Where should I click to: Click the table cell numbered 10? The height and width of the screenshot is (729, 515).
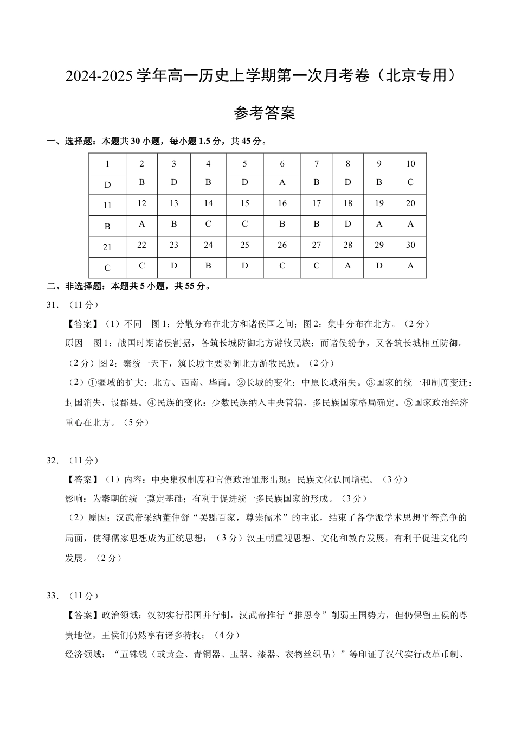410,163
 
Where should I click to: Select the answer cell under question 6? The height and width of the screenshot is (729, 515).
282,183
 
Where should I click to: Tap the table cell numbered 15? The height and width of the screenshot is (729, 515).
244,203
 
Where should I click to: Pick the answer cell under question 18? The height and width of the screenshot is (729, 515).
347,224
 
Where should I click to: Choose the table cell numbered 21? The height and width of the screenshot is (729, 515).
107,247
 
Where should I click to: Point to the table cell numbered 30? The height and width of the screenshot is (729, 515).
410,245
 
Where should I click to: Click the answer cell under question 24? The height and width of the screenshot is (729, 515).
208,266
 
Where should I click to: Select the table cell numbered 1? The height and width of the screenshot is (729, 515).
107,164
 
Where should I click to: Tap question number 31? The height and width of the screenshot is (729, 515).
52,305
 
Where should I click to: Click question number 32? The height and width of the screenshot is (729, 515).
52,461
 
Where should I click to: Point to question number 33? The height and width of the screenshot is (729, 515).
52,596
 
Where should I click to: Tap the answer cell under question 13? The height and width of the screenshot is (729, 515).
173,224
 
